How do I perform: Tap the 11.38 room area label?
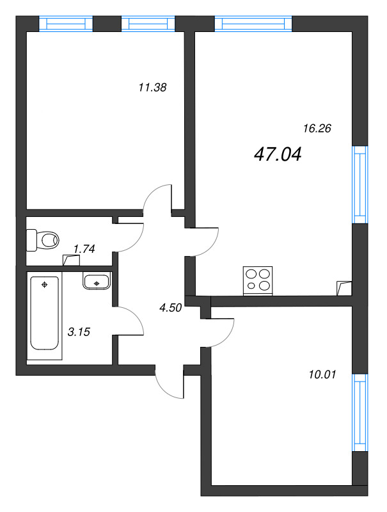coord(152,88)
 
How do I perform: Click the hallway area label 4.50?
coord(171,308)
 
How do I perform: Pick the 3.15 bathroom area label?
coord(78,332)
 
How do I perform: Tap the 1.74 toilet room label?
coord(84,249)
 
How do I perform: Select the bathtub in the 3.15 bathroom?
coord(45,313)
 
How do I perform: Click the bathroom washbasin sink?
coord(97,282)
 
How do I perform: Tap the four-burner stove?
coord(258,280)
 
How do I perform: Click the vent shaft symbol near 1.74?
coord(71,260)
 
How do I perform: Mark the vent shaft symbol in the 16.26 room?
coord(344,289)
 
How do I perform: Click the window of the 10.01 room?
coord(361,413)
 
